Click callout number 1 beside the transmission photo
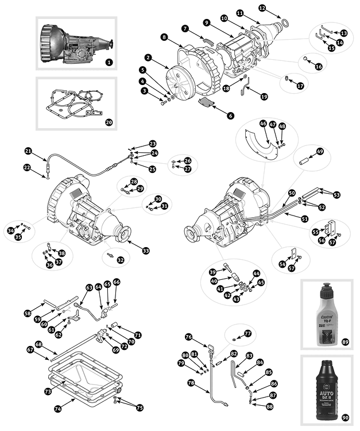109,61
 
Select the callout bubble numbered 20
109,122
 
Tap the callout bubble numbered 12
262,8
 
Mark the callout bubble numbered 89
344,342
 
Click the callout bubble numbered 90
344,417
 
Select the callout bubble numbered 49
320,151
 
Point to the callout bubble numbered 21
28,151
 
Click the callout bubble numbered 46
263,124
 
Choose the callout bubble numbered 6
230,116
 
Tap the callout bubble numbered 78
190,382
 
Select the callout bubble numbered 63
89,287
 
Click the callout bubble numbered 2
148,58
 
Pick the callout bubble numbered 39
212,271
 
